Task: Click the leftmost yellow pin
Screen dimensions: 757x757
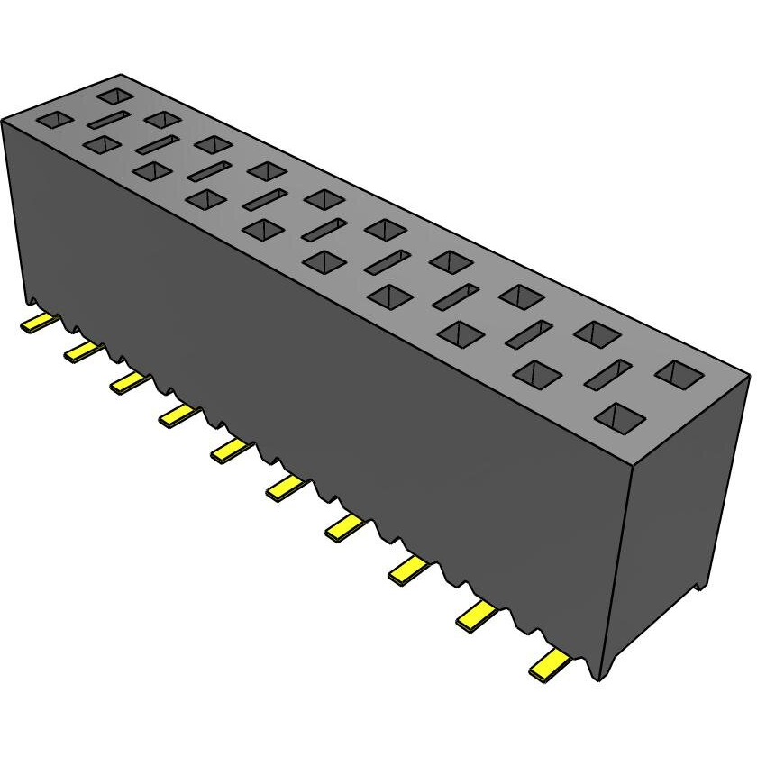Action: tap(38, 322)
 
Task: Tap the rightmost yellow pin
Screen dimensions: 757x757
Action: tap(552, 664)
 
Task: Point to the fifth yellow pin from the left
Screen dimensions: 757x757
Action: tap(229, 449)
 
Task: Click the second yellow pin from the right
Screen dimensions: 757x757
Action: tap(478, 616)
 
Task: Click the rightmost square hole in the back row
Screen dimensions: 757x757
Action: tap(679, 371)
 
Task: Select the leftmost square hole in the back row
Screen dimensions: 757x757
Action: tap(114, 94)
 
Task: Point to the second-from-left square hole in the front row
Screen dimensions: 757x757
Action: tap(103, 144)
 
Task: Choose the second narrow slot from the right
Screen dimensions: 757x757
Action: tap(528, 333)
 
